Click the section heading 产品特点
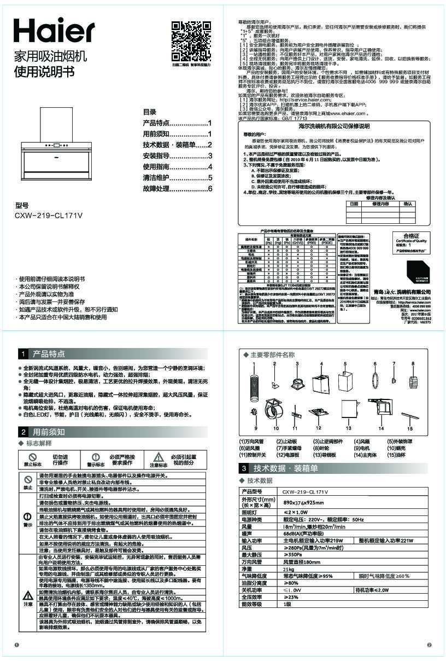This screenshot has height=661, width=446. pyautogui.click(x=49, y=354)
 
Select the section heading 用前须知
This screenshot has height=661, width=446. pyautogui.click(x=49, y=432)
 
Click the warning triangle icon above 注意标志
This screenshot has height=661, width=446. pyautogui.click(x=158, y=457)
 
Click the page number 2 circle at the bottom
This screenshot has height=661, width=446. pyautogui.click(x=429, y=645)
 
